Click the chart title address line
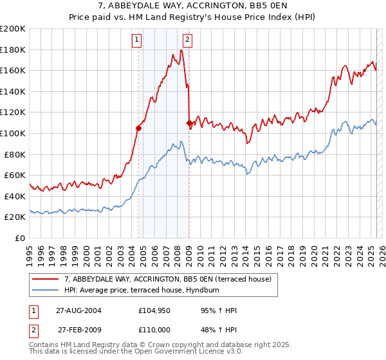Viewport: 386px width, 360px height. [193, 6]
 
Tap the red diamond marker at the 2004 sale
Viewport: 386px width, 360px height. [138, 128]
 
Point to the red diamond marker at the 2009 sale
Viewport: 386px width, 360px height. [189, 123]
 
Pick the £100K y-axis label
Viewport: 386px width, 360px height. [13, 133]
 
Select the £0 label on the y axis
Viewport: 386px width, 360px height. [19, 238]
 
